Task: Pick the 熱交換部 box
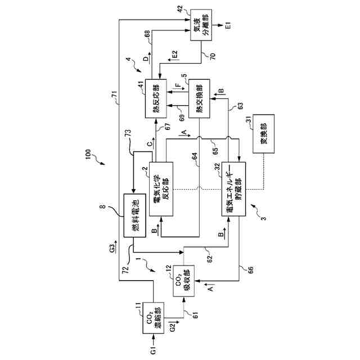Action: [x=199, y=98]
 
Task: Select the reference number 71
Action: [x=115, y=101]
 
